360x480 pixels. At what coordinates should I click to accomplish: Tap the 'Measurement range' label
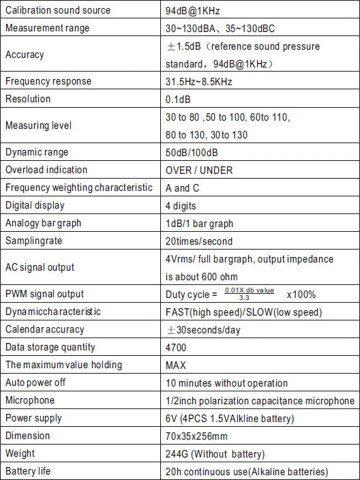(47, 28)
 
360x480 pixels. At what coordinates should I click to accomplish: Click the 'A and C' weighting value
(183, 187)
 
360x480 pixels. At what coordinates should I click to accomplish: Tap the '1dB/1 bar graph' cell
(199, 223)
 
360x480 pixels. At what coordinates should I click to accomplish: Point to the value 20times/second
(199, 241)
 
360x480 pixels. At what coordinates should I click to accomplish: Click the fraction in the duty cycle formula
(249, 294)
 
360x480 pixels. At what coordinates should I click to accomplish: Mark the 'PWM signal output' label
(44, 294)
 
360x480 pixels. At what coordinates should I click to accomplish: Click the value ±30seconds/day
(203, 329)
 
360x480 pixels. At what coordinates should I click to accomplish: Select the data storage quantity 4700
(177, 347)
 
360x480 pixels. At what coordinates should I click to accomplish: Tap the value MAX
(176, 365)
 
